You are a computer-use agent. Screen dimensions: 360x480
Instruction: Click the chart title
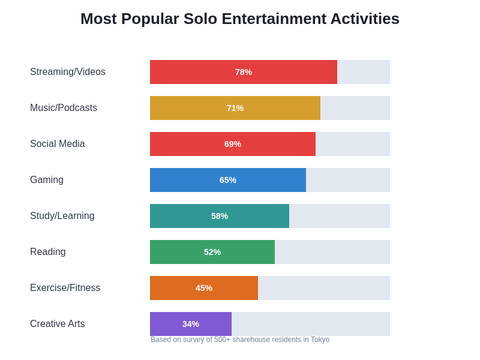[x=240, y=19]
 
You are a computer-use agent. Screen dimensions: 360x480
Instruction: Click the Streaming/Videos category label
[x=68, y=72]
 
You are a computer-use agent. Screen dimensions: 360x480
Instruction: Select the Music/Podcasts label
[x=64, y=108]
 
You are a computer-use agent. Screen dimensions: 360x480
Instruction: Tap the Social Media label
[x=58, y=144]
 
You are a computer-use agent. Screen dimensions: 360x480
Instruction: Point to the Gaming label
[x=47, y=180]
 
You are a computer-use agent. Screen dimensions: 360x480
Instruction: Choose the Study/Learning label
[x=62, y=216]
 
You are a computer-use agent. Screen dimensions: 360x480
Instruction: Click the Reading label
[x=48, y=252]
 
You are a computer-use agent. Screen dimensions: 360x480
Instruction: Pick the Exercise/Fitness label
[x=65, y=288]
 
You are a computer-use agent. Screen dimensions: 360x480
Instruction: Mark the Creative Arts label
[x=58, y=324]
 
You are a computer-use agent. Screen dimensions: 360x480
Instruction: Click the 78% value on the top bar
[x=244, y=72]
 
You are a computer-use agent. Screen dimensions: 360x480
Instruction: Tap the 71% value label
[x=235, y=108]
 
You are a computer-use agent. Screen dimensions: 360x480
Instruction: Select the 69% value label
[x=233, y=144]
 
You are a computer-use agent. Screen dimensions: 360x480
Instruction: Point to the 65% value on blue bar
[x=228, y=180]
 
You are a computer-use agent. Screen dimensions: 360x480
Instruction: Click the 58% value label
[x=220, y=216]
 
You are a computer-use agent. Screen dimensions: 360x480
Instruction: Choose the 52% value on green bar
[x=212, y=252]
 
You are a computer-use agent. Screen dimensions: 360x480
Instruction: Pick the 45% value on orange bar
[x=204, y=288]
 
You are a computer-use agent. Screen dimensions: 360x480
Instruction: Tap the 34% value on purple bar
[x=191, y=324]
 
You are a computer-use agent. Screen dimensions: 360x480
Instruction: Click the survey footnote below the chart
[x=240, y=340]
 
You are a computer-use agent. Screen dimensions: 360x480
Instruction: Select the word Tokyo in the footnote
[x=320, y=340]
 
